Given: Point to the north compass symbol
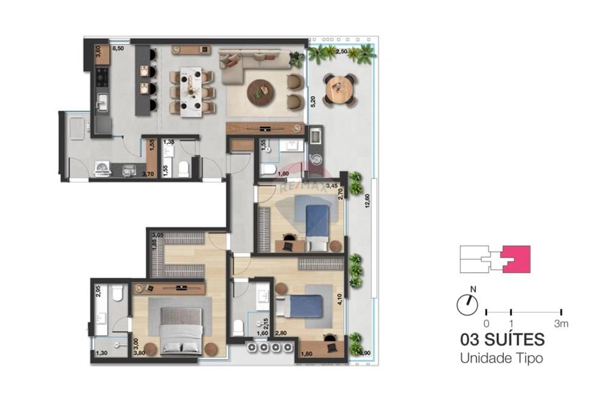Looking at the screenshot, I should (x=467, y=304).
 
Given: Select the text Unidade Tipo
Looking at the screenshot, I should (x=501, y=358).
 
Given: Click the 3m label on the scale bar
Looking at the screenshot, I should (x=561, y=324).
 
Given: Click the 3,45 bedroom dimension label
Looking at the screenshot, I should (x=332, y=185).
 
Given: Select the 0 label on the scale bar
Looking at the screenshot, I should (x=486, y=324).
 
